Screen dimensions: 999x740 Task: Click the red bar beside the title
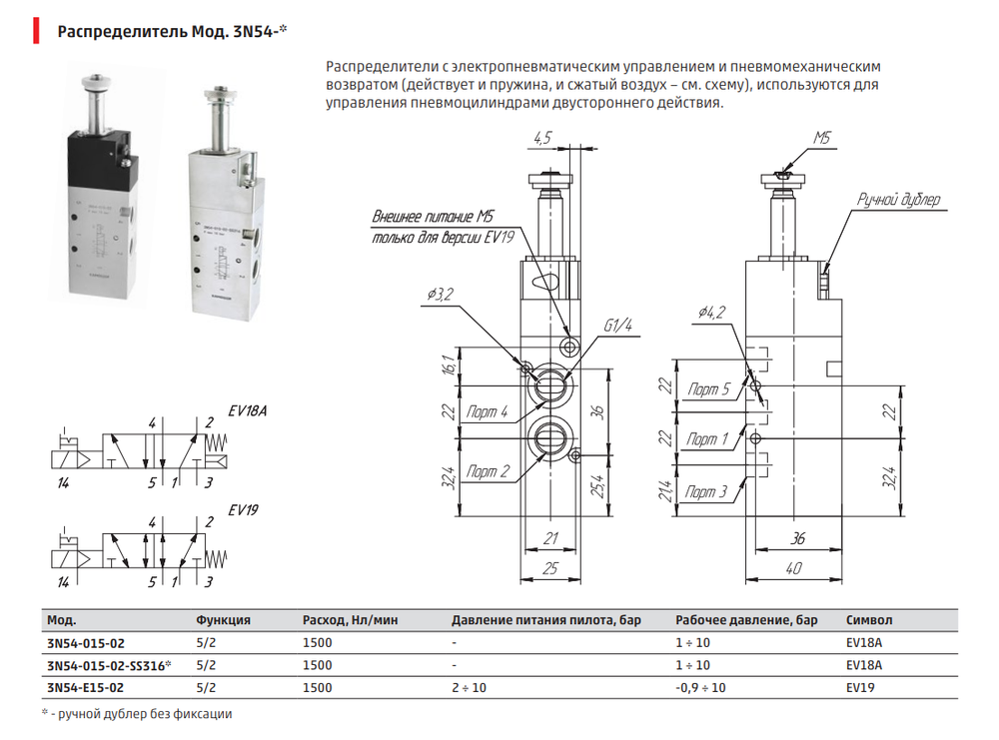click(x=36, y=31)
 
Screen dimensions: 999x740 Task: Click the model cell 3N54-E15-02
click(x=85, y=688)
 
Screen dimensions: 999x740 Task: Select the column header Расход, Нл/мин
click(x=350, y=620)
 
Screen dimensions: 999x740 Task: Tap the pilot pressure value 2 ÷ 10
click(x=469, y=688)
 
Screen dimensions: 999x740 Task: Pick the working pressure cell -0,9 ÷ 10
click(x=700, y=688)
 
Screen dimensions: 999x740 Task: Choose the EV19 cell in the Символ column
click(x=860, y=688)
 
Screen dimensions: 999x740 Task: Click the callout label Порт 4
click(x=487, y=412)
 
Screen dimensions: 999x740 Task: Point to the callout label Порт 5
click(x=708, y=389)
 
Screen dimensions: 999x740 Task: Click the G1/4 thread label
click(x=617, y=326)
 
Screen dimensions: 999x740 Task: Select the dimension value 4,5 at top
click(x=542, y=138)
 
